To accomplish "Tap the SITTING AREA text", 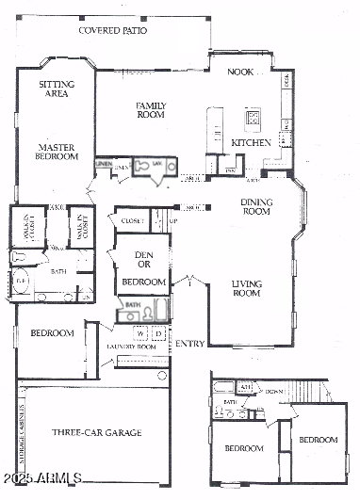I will coord(57,89).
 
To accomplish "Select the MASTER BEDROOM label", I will coord(57,152).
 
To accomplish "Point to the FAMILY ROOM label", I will coord(151,110).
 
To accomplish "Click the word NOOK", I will coord(240,72).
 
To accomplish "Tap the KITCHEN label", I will coord(252,143).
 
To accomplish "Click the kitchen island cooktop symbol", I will coord(253,119).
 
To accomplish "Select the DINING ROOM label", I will coord(256,207).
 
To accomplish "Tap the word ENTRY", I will coord(190,344).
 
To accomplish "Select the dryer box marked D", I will coord(158,333).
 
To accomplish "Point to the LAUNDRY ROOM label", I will coord(137,347).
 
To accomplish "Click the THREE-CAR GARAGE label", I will coord(96,432).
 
